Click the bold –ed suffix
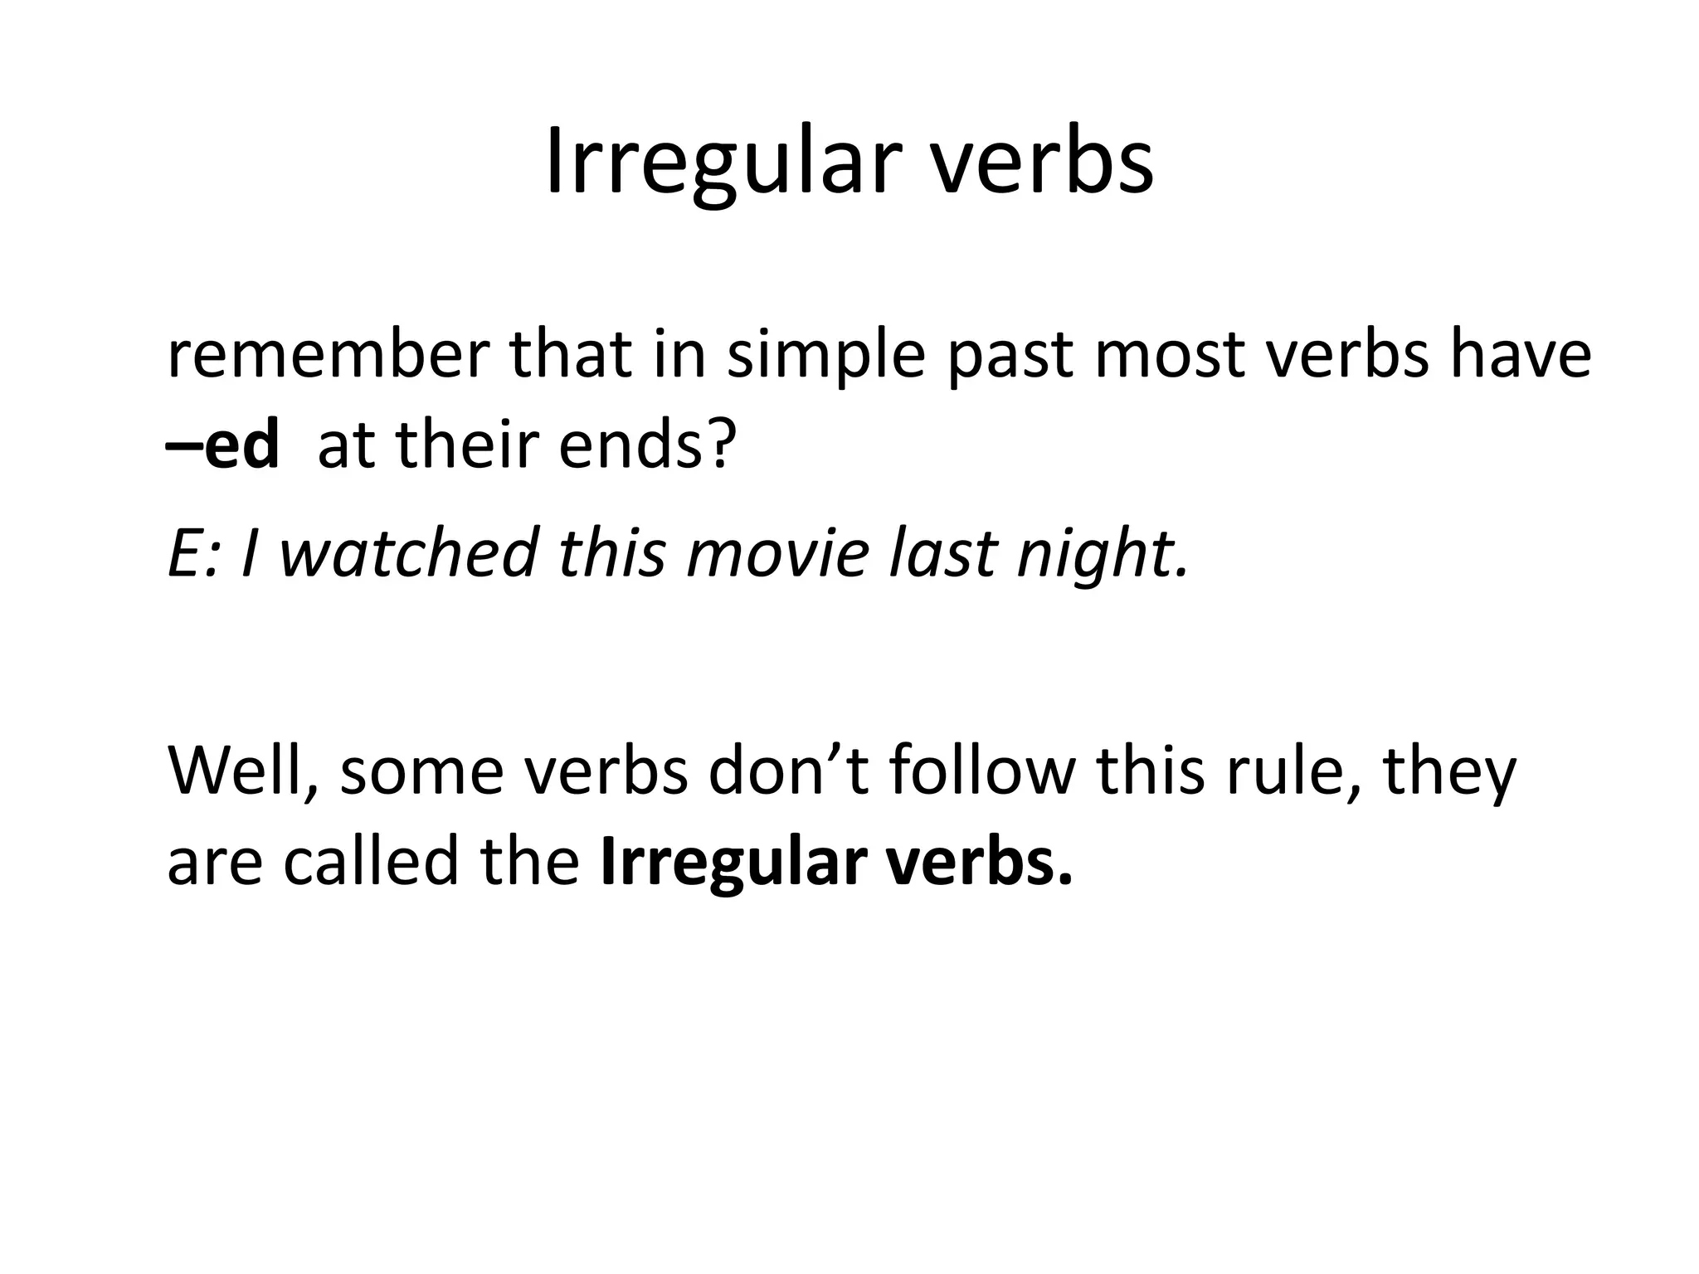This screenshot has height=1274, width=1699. (223, 446)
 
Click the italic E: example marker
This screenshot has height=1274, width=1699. (192, 554)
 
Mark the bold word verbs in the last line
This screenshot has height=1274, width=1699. (978, 863)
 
